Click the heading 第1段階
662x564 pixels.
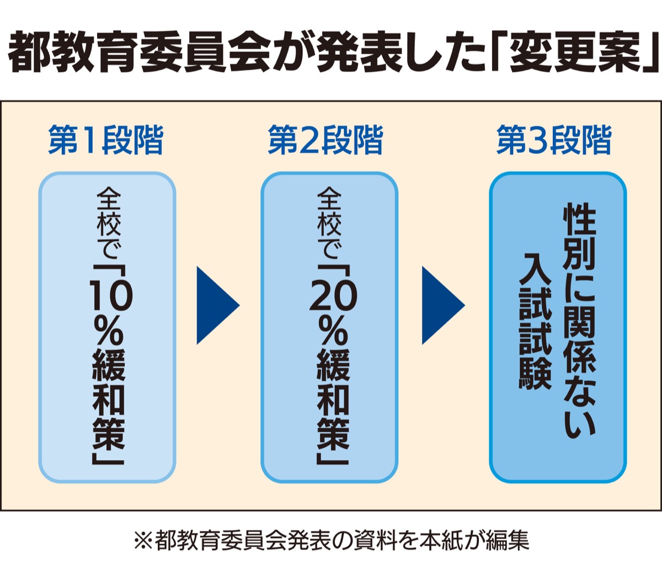(x=106, y=141)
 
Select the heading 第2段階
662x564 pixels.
(x=325, y=141)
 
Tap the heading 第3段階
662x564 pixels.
(x=554, y=141)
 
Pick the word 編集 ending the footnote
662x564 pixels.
(x=508, y=540)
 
